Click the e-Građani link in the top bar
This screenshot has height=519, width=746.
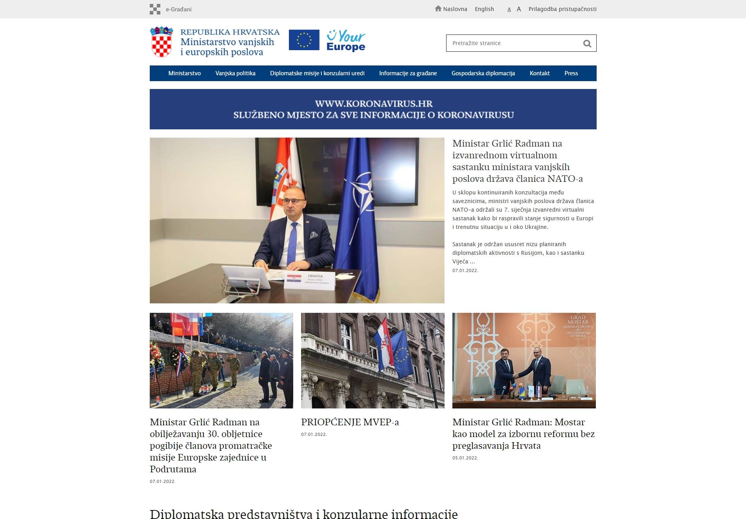pos(178,9)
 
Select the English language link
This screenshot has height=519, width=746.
pos(484,9)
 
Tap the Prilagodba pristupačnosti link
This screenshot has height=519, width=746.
pos(562,9)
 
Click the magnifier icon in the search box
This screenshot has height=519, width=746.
pos(587,44)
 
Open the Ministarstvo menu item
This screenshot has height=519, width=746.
pos(184,73)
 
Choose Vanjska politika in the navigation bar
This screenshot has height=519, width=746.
pos(235,73)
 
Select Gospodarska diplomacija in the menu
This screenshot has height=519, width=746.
pos(483,73)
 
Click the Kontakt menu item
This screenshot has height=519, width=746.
pos(539,73)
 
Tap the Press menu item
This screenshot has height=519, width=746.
pos(571,73)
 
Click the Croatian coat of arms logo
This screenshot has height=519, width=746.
pos(162,42)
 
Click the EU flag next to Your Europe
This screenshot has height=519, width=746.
pos(304,40)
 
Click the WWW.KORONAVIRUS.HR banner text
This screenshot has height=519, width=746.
pos(373,104)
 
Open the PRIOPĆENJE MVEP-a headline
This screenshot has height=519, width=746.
pos(350,422)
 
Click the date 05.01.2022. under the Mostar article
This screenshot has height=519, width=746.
pos(465,458)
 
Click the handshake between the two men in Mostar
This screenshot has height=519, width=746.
pos(517,376)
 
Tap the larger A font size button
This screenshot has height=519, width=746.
pos(519,9)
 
